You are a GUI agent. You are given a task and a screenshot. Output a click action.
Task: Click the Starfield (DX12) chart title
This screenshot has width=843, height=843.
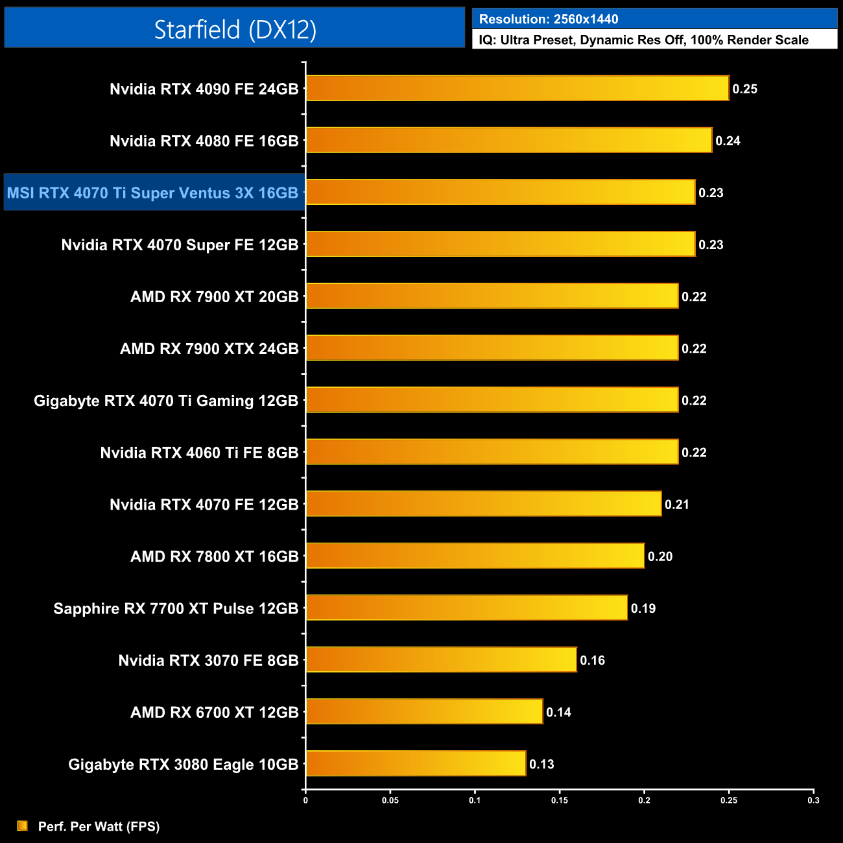(x=235, y=29)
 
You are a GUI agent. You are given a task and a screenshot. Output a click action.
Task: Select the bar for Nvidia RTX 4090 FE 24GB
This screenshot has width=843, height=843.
(x=517, y=88)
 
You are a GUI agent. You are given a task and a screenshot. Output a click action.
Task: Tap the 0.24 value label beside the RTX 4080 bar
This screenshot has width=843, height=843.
(x=728, y=141)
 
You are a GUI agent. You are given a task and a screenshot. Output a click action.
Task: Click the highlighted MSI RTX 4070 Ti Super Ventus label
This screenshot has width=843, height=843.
(x=153, y=193)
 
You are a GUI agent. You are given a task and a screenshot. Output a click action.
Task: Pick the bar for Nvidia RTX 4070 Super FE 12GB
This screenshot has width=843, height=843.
(x=500, y=244)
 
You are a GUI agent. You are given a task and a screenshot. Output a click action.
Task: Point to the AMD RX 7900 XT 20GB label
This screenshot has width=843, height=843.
(x=214, y=297)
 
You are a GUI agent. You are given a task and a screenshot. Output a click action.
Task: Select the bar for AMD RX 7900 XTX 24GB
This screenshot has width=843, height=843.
(x=492, y=348)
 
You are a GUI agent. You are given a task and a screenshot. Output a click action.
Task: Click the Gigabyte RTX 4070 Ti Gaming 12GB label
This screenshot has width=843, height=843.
(x=166, y=401)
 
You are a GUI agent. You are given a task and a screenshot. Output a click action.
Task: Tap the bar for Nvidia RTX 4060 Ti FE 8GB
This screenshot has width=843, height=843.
(x=492, y=451)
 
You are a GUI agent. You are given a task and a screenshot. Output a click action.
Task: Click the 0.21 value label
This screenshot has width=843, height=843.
(x=676, y=505)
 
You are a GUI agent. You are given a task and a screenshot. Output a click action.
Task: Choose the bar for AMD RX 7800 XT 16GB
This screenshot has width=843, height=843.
(x=475, y=556)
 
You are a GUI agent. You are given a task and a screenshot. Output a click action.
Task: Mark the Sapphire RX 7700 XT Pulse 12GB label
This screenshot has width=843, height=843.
(x=176, y=609)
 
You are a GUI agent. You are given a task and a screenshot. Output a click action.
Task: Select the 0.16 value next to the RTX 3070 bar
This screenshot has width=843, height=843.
(x=592, y=660)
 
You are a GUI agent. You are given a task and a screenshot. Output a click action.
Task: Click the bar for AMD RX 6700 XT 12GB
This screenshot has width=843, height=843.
(x=424, y=711)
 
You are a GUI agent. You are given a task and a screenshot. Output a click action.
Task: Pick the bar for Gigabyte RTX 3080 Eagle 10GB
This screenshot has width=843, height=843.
(x=416, y=763)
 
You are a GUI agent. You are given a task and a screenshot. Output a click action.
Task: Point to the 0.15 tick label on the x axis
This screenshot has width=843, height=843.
(x=560, y=800)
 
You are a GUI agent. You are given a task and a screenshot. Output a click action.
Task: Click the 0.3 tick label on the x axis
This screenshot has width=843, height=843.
(x=813, y=800)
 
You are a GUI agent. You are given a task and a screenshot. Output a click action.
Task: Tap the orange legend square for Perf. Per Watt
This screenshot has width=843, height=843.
(x=22, y=825)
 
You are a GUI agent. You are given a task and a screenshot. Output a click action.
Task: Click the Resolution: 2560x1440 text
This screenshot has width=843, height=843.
(x=549, y=19)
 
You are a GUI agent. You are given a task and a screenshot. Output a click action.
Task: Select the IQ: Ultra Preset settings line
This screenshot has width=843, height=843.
(x=643, y=40)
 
